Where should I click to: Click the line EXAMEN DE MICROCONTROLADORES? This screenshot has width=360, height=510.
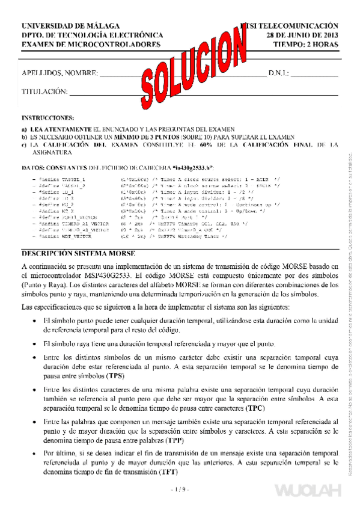(91, 45)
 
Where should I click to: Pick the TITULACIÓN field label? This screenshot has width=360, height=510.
(43, 91)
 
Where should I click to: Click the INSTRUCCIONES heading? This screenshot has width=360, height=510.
(47, 118)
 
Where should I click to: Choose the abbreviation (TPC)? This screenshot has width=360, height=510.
(256, 407)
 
